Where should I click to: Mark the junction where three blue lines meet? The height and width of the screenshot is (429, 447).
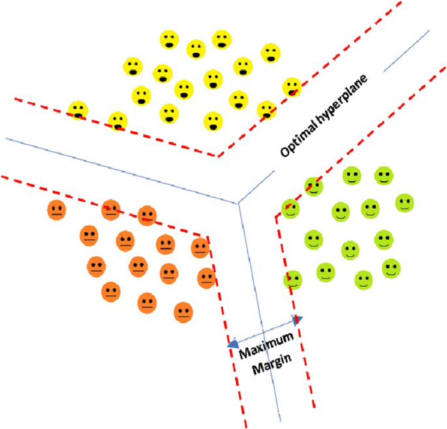click(x=239, y=204)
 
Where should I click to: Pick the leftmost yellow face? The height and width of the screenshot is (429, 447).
click(x=78, y=110)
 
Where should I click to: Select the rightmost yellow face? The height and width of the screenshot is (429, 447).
click(x=292, y=87)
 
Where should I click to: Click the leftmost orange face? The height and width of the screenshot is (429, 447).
click(x=57, y=211)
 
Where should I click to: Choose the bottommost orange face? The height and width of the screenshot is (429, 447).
click(x=184, y=312)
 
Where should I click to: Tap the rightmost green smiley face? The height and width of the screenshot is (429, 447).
click(x=405, y=202)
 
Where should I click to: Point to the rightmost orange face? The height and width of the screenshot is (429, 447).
click(x=207, y=278)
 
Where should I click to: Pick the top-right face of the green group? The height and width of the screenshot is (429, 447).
click(x=384, y=176)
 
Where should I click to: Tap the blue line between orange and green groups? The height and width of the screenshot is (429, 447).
click(x=260, y=313)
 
